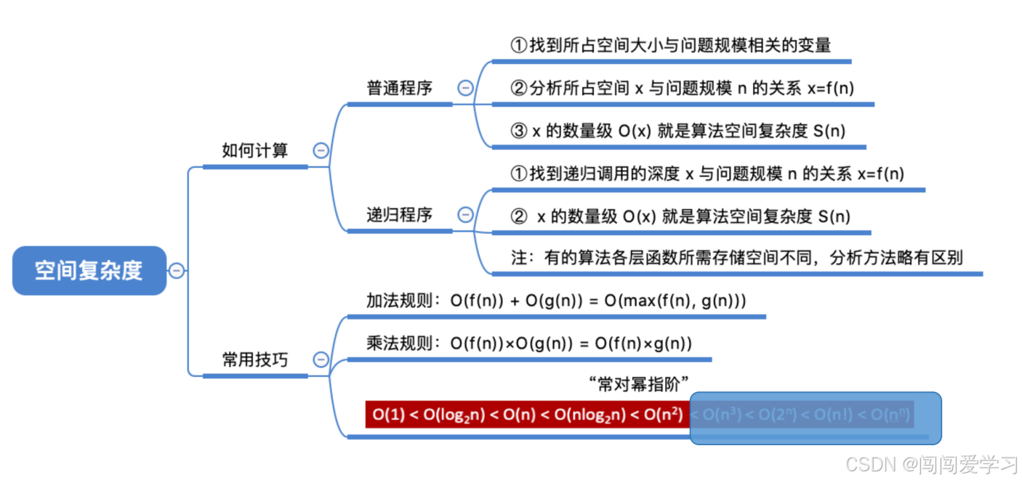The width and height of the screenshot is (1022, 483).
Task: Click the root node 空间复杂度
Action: pyautogui.click(x=89, y=271)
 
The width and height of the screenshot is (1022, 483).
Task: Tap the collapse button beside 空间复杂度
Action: pyautogui.click(x=177, y=271)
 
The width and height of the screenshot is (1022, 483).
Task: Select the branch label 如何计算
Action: pyautogui.click(x=254, y=150)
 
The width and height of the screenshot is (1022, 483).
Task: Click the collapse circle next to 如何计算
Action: pyautogui.click(x=321, y=150)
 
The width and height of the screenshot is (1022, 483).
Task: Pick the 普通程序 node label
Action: pyautogui.click(x=399, y=88)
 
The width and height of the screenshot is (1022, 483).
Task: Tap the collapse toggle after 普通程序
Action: pyautogui.click(x=465, y=88)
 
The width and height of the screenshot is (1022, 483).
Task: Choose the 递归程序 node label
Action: pyautogui.click(x=399, y=214)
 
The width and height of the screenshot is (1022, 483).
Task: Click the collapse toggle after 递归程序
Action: pyautogui.click(x=465, y=214)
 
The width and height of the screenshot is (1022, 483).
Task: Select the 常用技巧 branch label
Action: pyautogui.click(x=254, y=359)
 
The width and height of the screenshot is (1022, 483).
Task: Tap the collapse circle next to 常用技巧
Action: pyautogui.click(x=321, y=359)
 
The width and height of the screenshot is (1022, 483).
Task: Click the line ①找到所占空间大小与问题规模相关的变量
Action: pyautogui.click(x=670, y=45)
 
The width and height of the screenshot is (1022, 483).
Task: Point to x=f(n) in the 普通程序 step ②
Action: pyautogui.click(x=831, y=88)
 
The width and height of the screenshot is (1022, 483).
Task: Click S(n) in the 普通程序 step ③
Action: pyautogui.click(x=829, y=131)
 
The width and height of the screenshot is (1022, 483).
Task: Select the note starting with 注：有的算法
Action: pyautogui.click(x=736, y=258)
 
